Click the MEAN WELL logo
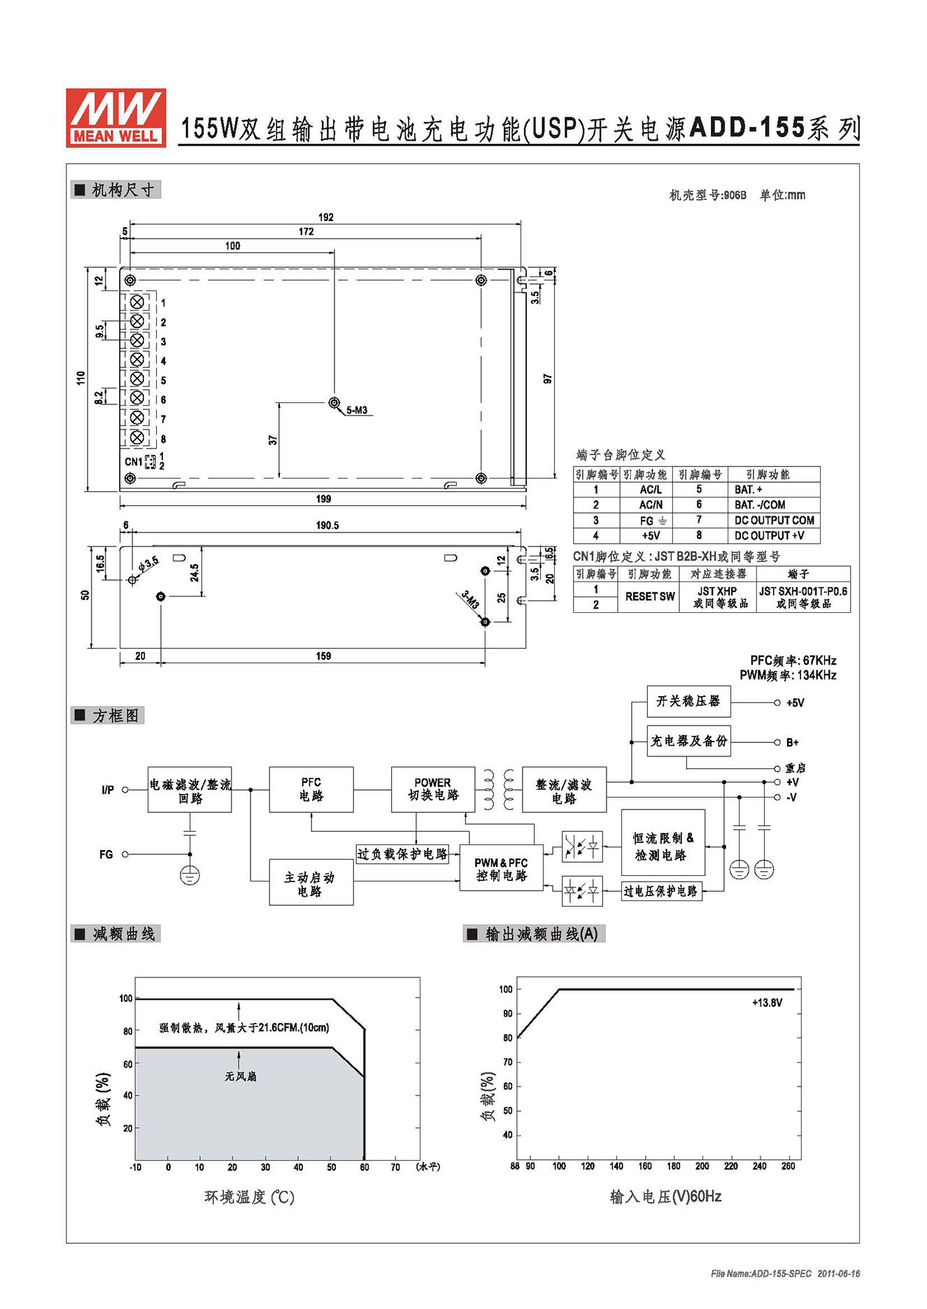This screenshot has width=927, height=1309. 116,118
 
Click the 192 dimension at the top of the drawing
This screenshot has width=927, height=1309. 326,218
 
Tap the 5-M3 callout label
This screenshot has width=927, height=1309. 357,410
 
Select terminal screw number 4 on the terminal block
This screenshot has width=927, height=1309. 137,360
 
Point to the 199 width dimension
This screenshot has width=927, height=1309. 323,499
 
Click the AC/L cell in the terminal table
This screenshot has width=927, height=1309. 651,490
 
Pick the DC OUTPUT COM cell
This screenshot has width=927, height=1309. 774,521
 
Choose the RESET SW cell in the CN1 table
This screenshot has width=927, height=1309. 650,597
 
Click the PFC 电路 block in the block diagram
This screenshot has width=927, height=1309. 311,789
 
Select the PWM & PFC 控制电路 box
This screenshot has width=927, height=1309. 501,869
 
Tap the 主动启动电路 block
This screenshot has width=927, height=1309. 311,883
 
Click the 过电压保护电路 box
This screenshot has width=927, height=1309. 661,891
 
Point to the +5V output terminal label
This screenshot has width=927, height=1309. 795,703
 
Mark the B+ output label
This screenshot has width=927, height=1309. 793,742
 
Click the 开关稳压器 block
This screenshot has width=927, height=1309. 688,701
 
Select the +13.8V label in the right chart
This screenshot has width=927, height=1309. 767,1003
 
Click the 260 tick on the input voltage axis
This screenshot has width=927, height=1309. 788,1166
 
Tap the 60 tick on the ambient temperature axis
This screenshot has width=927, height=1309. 365,1167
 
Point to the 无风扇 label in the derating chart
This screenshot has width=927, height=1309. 241,1076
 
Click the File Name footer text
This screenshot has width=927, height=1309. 785,1273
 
